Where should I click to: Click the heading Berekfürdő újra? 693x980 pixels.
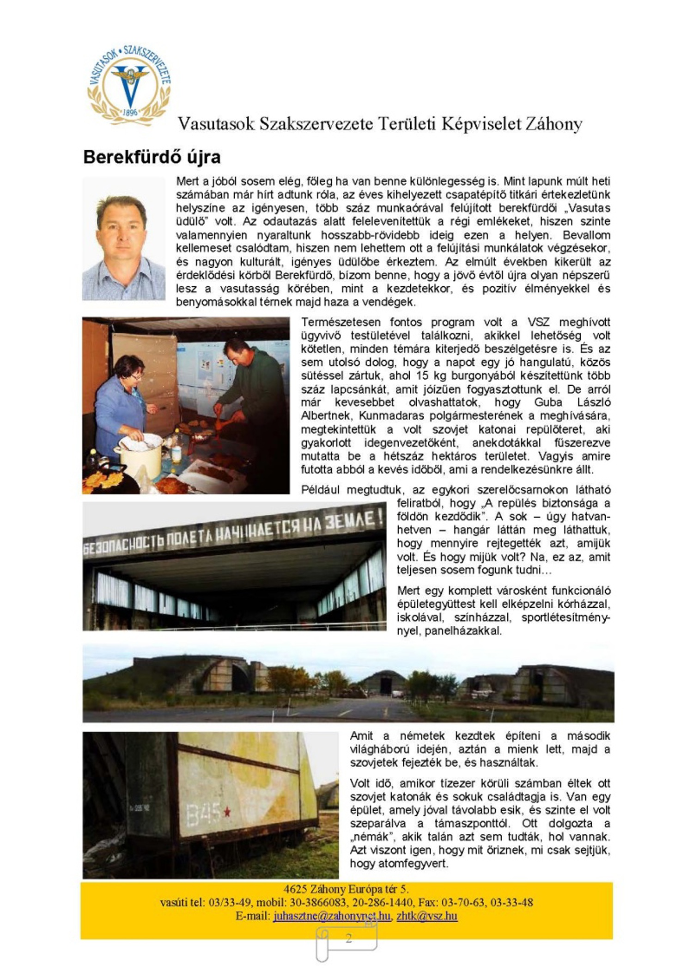point(152,157)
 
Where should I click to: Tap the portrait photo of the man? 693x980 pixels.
point(124,239)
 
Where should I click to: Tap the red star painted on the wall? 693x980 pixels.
point(227,811)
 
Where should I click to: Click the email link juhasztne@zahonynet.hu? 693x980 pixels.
point(331,916)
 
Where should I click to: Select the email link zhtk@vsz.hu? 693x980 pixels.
point(427,916)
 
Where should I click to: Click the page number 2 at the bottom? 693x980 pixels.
point(348,938)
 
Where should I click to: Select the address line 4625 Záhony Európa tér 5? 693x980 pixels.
point(346,889)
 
